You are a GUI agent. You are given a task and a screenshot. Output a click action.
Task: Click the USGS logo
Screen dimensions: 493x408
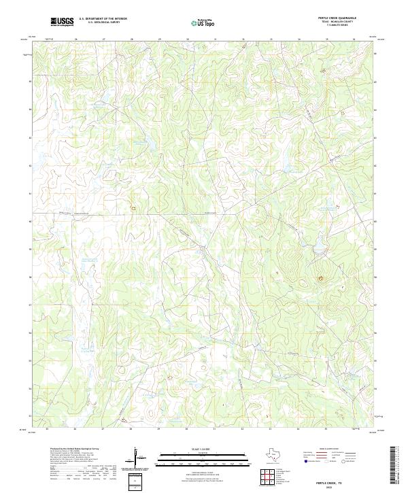pyautogui.click(x=62, y=22)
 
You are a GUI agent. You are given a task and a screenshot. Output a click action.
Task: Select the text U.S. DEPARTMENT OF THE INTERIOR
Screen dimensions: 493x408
pyautogui.click(x=103, y=19)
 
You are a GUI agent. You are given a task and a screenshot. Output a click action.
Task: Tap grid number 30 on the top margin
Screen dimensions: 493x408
pyautogui.click(x=188, y=39)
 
